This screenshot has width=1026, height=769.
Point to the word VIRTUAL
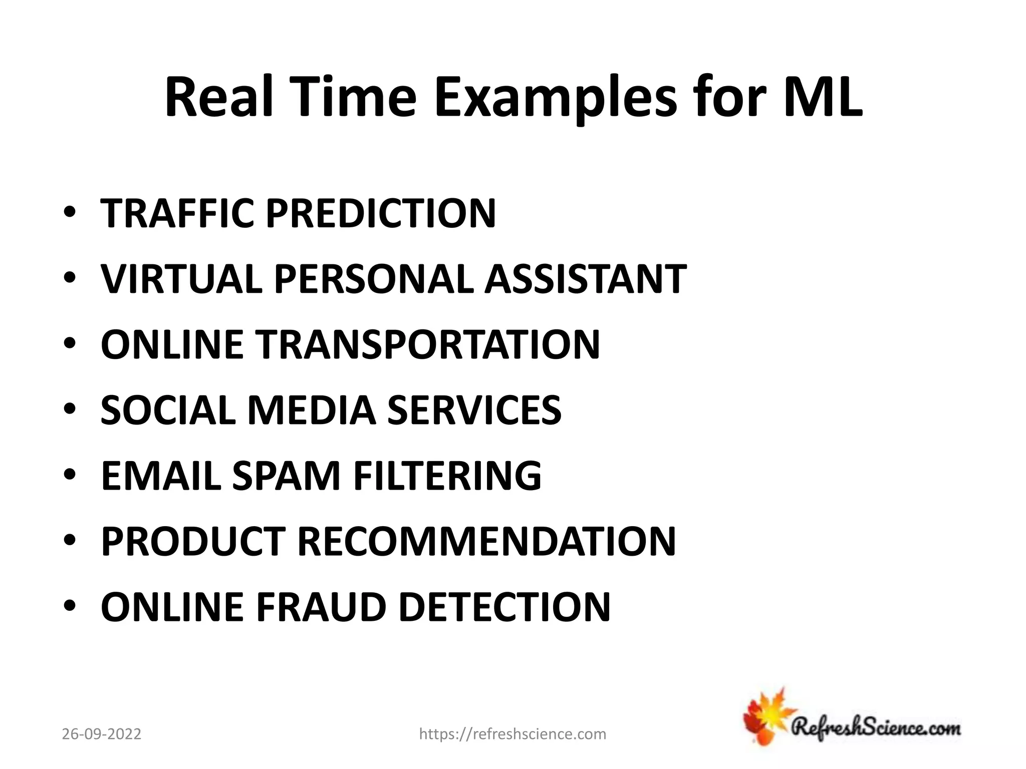click(x=181, y=279)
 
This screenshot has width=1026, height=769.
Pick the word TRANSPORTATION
click(x=428, y=345)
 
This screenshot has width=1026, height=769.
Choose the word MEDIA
click(x=311, y=411)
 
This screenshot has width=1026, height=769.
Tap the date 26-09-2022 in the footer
click(x=102, y=734)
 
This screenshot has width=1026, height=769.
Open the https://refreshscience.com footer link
click(x=512, y=734)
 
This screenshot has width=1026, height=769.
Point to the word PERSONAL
click(x=373, y=279)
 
